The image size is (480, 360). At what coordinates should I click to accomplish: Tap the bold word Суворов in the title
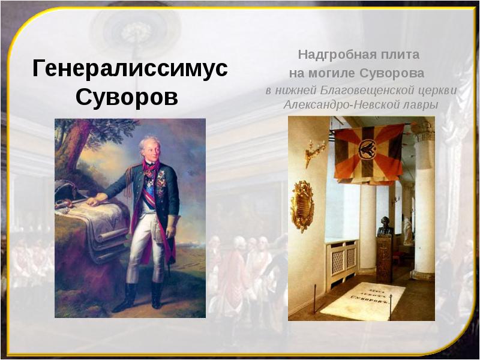127,97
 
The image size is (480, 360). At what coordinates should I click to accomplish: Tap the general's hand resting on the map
93,202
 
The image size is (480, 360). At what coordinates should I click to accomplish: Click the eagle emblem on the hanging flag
368,151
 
